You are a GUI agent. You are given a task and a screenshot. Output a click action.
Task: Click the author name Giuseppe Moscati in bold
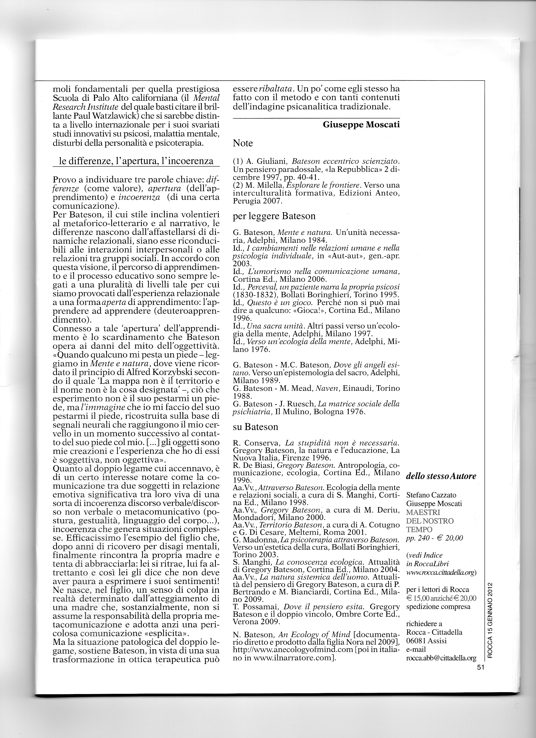361,125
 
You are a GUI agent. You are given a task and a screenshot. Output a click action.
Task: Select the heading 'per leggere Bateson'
274,216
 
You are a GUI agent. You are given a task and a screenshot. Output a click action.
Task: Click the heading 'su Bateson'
256,427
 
